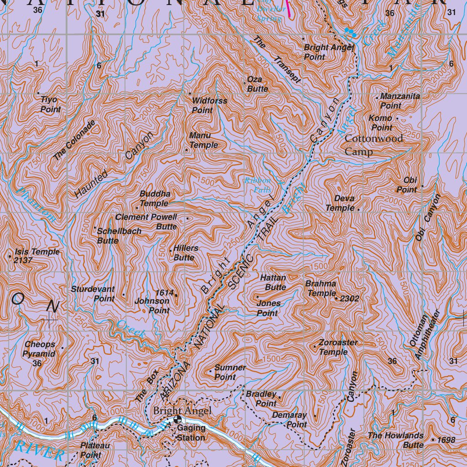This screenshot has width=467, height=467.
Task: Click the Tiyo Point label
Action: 50,104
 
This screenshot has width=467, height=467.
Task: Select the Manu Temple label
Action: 203,140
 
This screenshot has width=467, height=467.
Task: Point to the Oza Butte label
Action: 257,84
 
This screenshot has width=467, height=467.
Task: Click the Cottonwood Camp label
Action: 374,145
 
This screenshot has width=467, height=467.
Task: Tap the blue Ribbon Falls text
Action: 258,184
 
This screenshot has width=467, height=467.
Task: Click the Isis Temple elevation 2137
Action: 23,260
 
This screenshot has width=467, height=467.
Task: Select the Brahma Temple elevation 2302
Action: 350,299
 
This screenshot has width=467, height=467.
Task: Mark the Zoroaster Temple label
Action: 338,347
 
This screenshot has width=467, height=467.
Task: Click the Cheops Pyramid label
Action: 40,349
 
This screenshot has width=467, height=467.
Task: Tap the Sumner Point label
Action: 230,372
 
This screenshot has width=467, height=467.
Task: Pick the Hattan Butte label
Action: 273,282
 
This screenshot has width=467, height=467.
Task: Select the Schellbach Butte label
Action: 119,236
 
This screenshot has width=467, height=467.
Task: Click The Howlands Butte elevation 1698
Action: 446,440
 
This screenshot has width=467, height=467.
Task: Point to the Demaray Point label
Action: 290,420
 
